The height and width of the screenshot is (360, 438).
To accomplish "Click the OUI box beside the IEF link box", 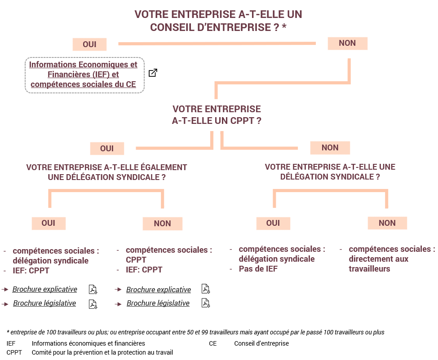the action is [89, 44].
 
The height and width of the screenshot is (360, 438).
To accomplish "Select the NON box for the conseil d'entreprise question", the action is [348, 43].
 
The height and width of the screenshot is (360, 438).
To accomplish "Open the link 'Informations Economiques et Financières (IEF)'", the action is [83, 70].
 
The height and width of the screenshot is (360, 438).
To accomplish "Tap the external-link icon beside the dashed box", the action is [153, 73].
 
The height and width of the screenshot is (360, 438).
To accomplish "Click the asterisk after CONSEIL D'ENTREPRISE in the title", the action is [284, 26].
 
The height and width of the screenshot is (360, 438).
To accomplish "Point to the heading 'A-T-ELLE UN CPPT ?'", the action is [217, 121].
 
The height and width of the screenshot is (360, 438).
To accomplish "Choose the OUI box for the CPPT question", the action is [107, 149].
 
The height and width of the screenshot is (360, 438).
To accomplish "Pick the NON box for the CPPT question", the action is [330, 148].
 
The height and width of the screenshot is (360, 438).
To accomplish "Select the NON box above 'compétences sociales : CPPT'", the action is [162, 224].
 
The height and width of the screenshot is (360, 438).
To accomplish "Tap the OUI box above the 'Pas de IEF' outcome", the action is [273, 223].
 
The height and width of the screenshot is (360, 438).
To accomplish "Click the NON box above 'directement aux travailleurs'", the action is [387, 223].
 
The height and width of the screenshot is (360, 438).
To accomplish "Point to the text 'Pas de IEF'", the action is [258, 269].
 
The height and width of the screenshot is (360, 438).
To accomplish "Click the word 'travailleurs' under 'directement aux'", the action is [369, 269].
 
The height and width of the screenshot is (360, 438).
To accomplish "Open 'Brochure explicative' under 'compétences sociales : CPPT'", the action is [159, 290].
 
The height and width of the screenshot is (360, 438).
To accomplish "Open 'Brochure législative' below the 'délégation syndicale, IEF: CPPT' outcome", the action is [44, 303].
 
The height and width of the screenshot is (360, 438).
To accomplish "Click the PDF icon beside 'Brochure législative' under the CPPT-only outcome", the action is [206, 303].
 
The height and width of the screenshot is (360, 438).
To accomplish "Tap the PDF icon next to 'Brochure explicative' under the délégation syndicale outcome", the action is [93, 290].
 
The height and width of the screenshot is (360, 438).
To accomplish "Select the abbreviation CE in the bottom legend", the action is [212, 343].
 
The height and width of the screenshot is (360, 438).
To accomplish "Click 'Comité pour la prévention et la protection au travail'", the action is [102, 352].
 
